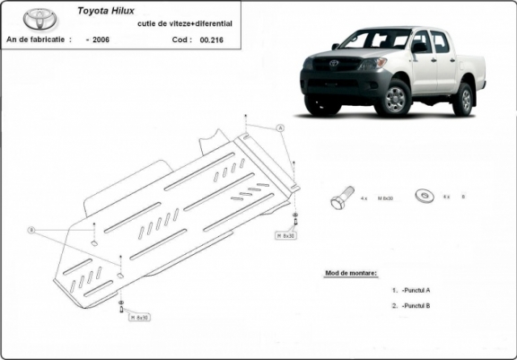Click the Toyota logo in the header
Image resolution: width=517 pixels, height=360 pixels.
38,18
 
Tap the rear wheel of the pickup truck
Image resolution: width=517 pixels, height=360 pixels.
462,98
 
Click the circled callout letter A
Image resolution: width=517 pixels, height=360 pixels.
280,129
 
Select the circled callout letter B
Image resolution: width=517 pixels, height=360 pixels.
32,230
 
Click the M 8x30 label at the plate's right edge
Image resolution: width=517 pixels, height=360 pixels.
285,234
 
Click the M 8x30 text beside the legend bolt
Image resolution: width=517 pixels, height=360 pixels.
385,197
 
